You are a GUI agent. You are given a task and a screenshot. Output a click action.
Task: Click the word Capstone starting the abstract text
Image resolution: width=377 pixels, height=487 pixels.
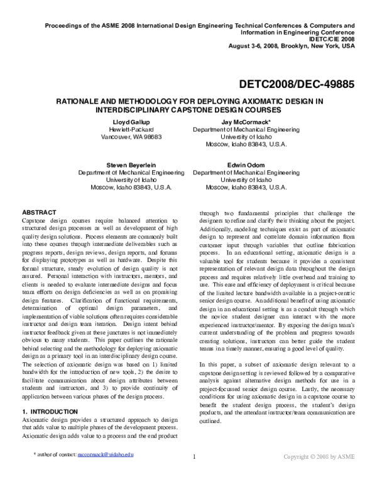pos(36,221)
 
